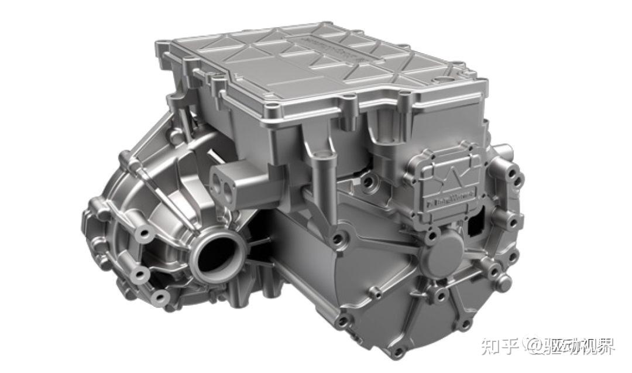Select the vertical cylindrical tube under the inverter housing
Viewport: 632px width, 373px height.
point(319,176)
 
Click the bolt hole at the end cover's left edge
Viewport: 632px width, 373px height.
point(338,239)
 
